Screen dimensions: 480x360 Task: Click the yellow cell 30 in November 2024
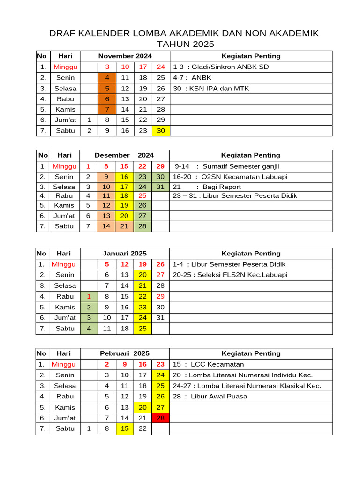coord(161,131)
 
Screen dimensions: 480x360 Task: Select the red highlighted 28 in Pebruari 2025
coord(160,418)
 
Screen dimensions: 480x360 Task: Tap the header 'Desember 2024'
coord(124,155)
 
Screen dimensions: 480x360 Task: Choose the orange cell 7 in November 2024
coord(107,109)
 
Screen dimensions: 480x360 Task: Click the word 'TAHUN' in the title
coord(171,44)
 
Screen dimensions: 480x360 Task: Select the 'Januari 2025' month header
coord(125,254)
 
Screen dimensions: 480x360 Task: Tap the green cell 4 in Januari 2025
coord(89,329)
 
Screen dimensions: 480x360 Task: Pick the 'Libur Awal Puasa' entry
coord(219,396)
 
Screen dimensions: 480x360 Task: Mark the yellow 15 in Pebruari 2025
coord(125,428)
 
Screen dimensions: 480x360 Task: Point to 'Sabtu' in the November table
coord(65,131)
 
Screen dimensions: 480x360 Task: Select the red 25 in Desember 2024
coord(142,195)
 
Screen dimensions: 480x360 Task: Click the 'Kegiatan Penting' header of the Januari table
coord(251,254)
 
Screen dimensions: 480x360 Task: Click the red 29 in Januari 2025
coord(160,296)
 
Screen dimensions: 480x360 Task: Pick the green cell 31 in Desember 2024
coord(160,187)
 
